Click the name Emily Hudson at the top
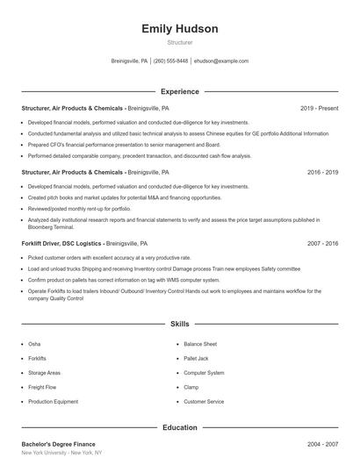click(x=179, y=29)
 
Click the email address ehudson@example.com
click(x=220, y=61)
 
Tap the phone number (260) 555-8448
click(x=171, y=61)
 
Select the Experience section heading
click(x=179, y=91)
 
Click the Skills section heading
click(x=179, y=324)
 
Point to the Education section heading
click(x=179, y=427)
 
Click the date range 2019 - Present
click(x=319, y=108)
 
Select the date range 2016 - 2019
click(x=322, y=173)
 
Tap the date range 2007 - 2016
click(x=322, y=242)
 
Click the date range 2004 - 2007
click(x=322, y=444)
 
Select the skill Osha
click(x=34, y=344)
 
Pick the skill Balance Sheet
click(x=200, y=344)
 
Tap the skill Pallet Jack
click(x=196, y=358)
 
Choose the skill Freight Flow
click(x=42, y=387)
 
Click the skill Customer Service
click(x=204, y=401)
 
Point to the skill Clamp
click(x=191, y=387)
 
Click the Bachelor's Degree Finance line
click(x=59, y=444)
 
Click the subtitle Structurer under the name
click(x=179, y=41)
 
